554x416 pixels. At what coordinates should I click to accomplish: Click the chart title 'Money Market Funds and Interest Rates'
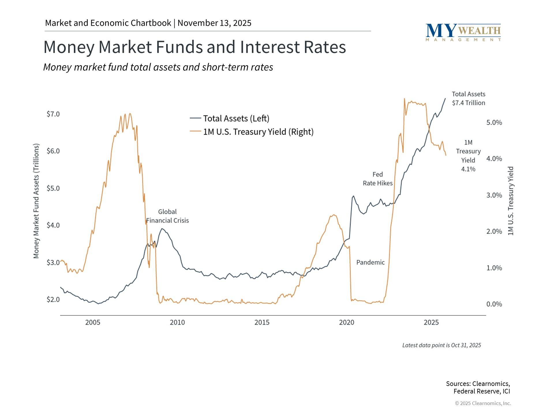coord(194,47)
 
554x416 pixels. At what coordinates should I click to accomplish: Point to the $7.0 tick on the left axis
coord(53,114)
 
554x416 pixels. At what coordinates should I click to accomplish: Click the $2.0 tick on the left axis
coord(53,300)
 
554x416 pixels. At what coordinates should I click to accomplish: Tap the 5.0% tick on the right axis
coord(494,122)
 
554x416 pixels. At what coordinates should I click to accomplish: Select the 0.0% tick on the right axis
coord(494,304)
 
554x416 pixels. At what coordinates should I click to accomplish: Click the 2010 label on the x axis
coord(177,322)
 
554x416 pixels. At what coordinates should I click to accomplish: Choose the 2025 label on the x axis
coord(431,322)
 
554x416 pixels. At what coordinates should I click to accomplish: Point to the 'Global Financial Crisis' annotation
coord(167,216)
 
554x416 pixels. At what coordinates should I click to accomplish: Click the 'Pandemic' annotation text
coord(370,262)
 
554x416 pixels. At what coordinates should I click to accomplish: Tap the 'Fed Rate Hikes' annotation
coord(378,179)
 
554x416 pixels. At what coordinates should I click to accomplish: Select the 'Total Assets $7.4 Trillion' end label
coord(468,99)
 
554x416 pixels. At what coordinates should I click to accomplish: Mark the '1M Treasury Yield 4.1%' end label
coord(468,156)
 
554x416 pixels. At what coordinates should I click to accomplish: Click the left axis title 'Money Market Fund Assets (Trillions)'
coord(36,201)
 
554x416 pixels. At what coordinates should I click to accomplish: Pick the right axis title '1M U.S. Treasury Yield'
coord(511,201)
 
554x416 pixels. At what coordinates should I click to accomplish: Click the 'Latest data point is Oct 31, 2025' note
coord(441,345)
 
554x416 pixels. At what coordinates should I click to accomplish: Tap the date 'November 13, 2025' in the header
coord(214,23)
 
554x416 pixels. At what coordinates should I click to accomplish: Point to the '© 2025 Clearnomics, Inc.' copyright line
coord(483,403)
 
